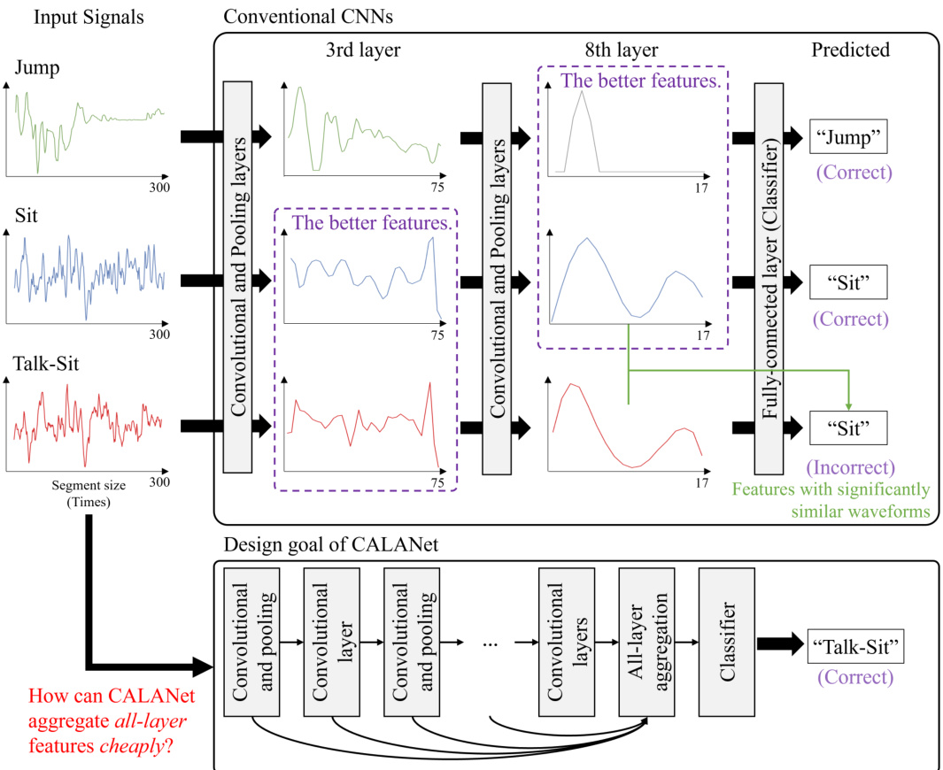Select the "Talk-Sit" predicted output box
[x=856, y=649]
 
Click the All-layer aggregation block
[x=647, y=643]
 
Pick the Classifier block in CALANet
[x=727, y=643]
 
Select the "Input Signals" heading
[x=89, y=16]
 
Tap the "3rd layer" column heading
[x=363, y=50]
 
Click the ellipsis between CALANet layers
[x=491, y=643]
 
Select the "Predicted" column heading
[x=850, y=50]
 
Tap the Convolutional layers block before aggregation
[x=567, y=643]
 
